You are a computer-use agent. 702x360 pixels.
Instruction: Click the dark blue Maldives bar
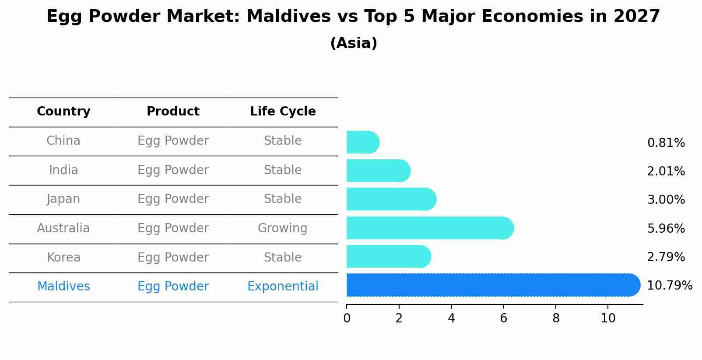(492, 285)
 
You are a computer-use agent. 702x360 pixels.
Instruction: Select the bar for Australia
(429, 228)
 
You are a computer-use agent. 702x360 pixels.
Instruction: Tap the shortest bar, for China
(362, 142)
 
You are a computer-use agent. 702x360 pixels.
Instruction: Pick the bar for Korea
(388, 256)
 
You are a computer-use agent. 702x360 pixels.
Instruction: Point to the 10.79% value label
(669, 286)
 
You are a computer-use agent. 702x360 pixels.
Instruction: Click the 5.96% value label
(666, 228)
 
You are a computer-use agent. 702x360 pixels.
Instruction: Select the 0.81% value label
(666, 143)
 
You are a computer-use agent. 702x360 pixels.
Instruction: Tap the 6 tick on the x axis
(503, 318)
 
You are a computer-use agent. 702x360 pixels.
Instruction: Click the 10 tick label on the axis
(608, 318)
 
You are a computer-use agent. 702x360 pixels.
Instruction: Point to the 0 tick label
(347, 318)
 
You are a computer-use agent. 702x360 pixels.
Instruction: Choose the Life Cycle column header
(283, 112)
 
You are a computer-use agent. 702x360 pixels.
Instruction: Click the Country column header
(63, 112)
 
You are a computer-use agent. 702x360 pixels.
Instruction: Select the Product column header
(173, 112)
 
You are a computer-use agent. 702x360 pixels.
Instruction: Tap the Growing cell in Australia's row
(282, 228)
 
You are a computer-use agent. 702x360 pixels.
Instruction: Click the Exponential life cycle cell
(283, 287)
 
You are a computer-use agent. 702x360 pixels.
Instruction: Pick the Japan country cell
(63, 199)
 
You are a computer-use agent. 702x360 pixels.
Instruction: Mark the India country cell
(63, 170)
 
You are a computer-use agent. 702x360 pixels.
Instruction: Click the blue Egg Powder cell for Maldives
(173, 287)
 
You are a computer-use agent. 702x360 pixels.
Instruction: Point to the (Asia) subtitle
(354, 43)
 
